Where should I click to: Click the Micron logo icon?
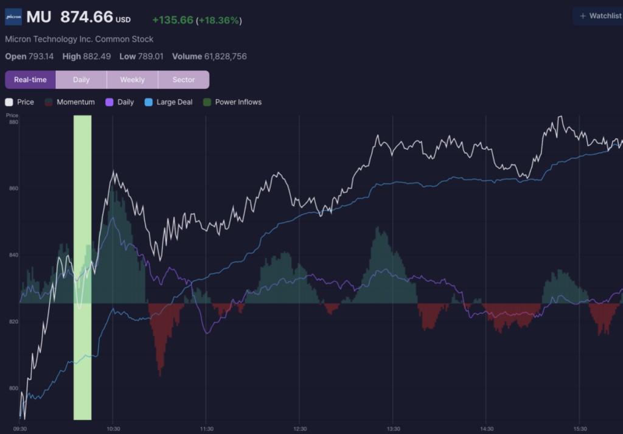coord(13,17)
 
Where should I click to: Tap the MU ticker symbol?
coord(39,17)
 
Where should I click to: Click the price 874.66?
coord(86,17)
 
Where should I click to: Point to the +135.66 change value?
coord(173,20)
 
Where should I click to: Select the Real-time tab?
coord(30,80)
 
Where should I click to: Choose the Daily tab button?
coord(81,80)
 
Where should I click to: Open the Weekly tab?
coord(132,80)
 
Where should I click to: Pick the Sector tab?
coord(184,80)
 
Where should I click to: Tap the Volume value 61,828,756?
coord(225,57)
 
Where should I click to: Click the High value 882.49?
coord(97,57)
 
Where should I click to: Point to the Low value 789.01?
coord(150,57)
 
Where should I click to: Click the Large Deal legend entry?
coord(169,102)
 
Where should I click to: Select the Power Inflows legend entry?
coord(232,102)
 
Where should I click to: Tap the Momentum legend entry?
coord(69,102)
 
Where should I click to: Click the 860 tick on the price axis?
coord(13,188)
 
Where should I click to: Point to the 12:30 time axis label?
coord(300,429)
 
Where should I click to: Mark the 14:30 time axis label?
coord(487,429)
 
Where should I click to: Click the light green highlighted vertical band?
coord(83,267)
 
